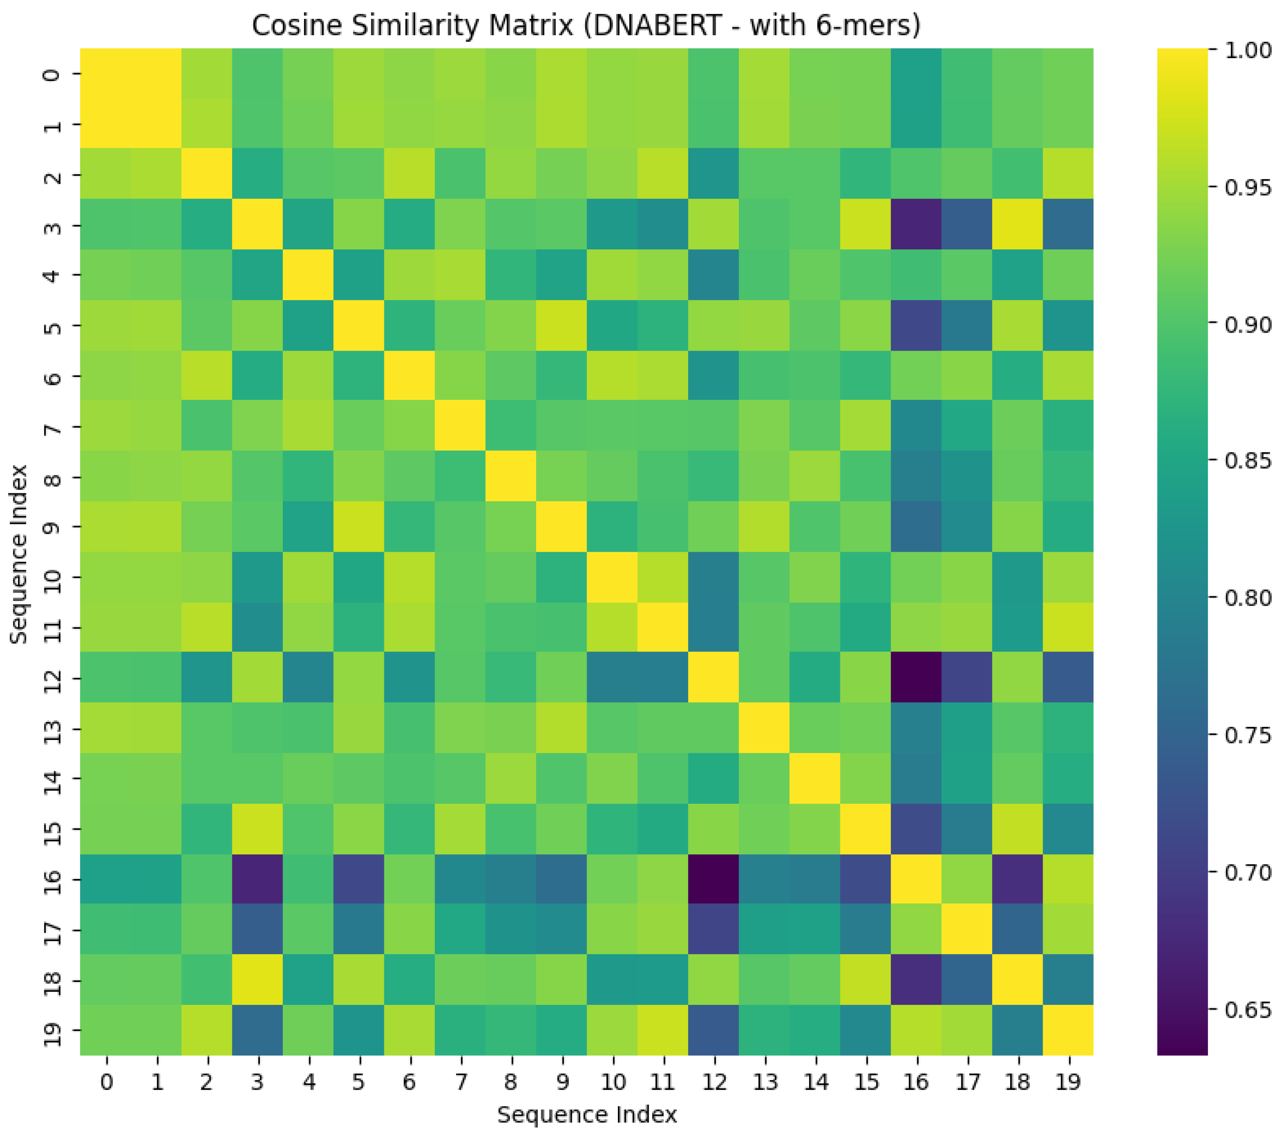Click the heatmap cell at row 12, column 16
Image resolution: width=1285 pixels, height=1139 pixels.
(916, 678)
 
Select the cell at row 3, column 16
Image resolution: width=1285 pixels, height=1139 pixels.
(916, 224)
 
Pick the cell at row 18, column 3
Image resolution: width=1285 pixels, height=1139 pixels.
(257, 980)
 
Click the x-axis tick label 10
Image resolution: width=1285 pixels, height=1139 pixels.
(613, 1082)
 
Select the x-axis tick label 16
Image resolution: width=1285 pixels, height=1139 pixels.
(916, 1082)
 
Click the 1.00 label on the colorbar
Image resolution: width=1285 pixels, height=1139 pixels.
(1248, 50)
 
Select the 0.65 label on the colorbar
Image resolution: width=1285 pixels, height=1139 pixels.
(1248, 1010)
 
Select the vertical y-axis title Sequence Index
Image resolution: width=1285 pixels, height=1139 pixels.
(19, 553)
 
